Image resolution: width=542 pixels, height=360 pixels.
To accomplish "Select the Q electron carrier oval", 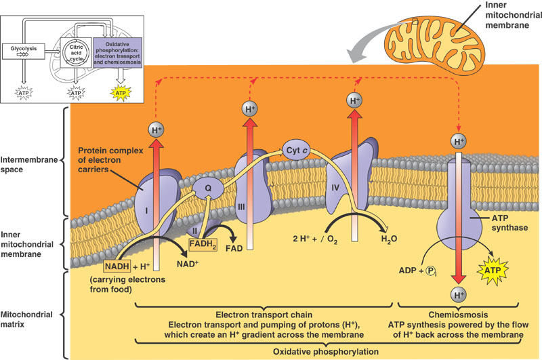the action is click(208, 188).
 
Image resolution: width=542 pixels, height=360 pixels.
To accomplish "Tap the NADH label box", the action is click(117, 266).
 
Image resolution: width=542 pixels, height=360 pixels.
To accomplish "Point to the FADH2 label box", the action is click(203, 245).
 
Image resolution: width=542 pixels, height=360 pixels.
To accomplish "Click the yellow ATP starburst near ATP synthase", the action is click(493, 271).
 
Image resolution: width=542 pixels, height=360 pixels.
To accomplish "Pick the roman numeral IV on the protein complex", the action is click(335, 188).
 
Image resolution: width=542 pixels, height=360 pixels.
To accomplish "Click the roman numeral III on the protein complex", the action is click(241, 207).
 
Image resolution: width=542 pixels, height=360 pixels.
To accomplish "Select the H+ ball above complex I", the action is click(157, 130).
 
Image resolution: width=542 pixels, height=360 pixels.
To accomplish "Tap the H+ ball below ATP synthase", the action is click(459, 295).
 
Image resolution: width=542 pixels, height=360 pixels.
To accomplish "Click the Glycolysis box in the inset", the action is click(24, 51).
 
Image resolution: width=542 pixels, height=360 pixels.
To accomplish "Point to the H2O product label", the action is click(389, 239).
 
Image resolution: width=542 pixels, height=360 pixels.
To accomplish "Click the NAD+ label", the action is click(188, 264).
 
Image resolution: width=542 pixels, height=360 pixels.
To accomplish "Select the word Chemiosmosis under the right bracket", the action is click(458, 315).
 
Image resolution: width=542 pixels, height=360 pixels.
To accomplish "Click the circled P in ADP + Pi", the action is click(430, 271).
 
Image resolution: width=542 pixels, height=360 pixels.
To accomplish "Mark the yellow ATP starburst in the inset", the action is click(121, 93).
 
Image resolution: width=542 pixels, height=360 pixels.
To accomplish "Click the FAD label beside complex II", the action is click(234, 248).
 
